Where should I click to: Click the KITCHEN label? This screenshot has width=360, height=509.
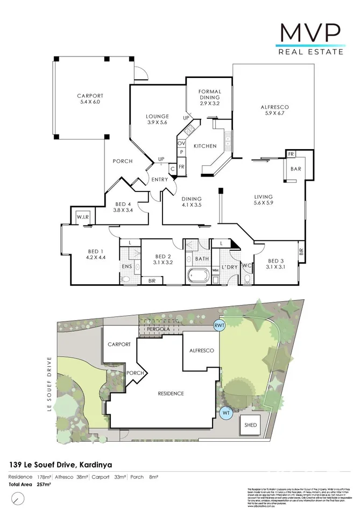(205, 146)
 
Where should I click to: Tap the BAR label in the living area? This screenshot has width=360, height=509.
(295, 168)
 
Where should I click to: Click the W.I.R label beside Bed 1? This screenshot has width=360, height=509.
(83, 217)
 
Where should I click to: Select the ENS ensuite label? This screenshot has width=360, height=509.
(127, 266)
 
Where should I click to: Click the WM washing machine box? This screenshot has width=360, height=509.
(215, 270)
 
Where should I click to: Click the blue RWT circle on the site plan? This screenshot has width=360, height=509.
(219, 325)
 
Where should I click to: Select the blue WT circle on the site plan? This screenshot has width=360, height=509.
(225, 413)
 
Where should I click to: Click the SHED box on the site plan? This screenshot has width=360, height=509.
(251, 425)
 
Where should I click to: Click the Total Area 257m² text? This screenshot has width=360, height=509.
(30, 484)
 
